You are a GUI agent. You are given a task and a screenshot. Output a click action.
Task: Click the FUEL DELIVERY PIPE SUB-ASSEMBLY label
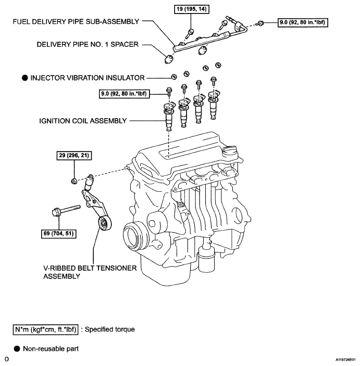tap(76, 22)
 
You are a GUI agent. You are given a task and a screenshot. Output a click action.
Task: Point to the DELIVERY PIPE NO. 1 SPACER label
tap(88, 44)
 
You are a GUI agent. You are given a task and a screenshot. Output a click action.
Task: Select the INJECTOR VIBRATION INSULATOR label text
tap(88, 78)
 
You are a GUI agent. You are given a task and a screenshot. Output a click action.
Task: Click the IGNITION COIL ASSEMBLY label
tap(83, 121)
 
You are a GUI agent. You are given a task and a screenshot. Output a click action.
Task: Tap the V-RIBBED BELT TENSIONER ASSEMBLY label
tap(90, 272)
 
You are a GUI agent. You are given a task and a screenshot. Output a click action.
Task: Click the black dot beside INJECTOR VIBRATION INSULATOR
tap(25, 78)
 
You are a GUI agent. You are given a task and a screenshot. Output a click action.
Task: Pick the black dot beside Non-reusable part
tap(17, 349)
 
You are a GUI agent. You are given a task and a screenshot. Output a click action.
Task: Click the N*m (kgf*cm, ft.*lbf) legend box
tap(45, 330)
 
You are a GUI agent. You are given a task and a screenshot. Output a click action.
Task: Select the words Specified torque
tap(110, 330)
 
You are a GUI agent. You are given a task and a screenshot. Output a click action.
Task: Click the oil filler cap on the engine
tap(230, 152)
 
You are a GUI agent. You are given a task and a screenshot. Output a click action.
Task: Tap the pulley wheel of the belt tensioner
tap(105, 223)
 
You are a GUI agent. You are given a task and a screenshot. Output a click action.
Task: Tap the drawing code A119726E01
tap(346, 360)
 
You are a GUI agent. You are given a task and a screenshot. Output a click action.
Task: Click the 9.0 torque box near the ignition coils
tap(125, 94)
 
